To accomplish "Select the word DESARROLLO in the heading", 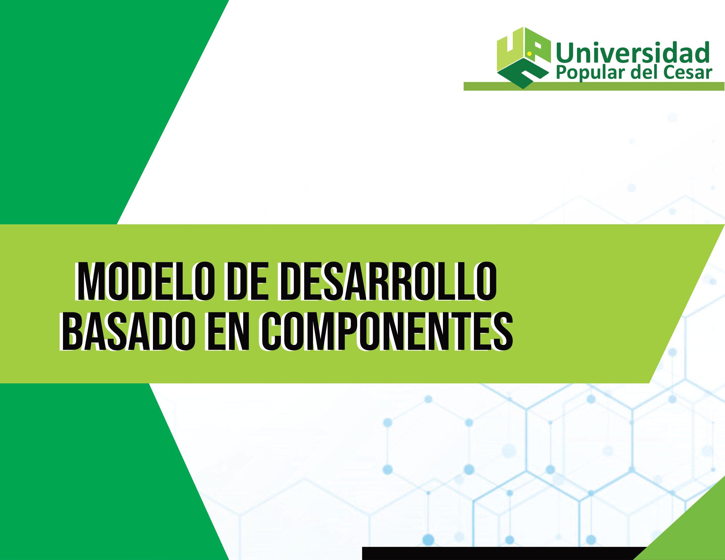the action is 388,282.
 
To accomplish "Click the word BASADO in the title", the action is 127,332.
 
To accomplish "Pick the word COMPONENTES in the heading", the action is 387,332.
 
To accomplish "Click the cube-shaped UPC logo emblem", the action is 523,58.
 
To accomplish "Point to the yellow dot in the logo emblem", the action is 530,53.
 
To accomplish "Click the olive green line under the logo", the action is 594,86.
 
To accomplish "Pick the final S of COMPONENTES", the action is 502,332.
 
